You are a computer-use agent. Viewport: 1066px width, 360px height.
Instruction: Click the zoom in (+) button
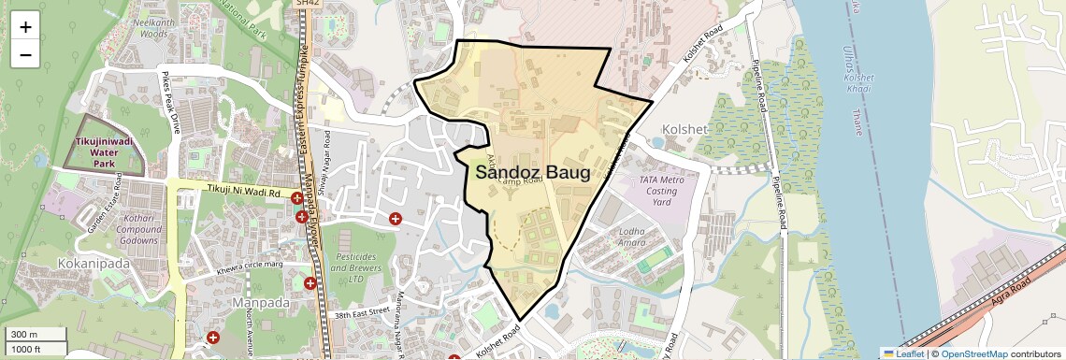25,26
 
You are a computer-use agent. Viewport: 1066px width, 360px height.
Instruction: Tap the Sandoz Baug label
532,173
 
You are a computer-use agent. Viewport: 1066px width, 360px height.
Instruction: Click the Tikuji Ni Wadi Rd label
242,191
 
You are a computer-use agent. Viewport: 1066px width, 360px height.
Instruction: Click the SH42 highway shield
307,4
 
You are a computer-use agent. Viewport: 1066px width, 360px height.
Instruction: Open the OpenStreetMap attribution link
973,353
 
